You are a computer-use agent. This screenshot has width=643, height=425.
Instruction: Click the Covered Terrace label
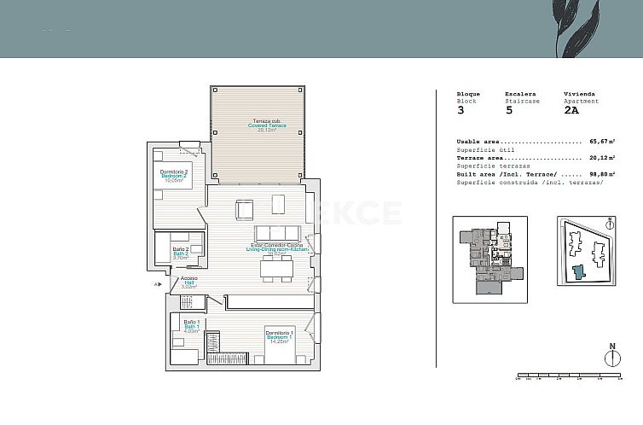pos(268,125)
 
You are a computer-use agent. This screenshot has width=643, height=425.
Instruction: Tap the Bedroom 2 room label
pos(174,176)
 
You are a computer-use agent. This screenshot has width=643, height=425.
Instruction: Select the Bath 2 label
pos(181,253)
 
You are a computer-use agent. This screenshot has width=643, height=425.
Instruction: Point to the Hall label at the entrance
pos(189,282)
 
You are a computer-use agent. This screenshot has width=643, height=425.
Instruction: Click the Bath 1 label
pos(192,326)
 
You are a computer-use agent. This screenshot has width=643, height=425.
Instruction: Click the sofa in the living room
pos(277,233)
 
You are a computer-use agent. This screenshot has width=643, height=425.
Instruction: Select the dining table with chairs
pos(276,269)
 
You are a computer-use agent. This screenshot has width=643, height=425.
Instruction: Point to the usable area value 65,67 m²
pos(602,142)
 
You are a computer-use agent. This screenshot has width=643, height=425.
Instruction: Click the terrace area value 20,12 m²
pos(602,158)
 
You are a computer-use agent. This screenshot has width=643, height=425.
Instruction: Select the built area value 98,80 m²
pos(602,174)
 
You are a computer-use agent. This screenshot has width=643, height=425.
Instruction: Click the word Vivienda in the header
pos(579,94)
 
